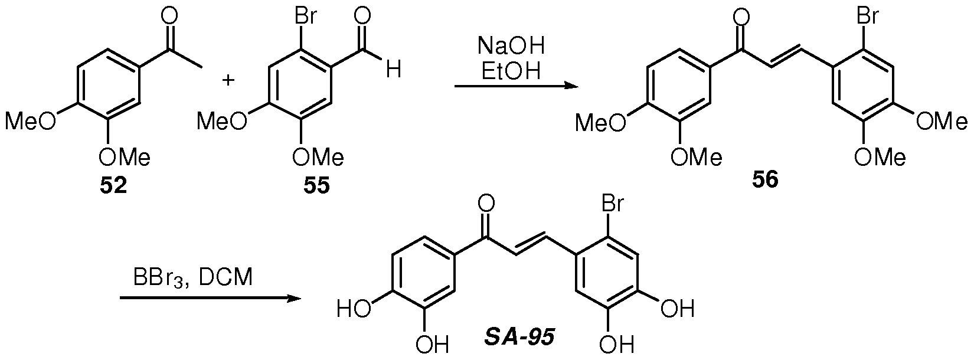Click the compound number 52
click(114, 186)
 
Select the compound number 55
click(316, 186)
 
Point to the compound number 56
click(766, 179)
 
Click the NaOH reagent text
click(511, 47)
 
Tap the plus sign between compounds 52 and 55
click(228, 80)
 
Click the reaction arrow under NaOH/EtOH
click(517, 86)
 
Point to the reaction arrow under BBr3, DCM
click(210, 298)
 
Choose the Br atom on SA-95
click(613, 204)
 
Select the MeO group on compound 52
click(31, 122)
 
